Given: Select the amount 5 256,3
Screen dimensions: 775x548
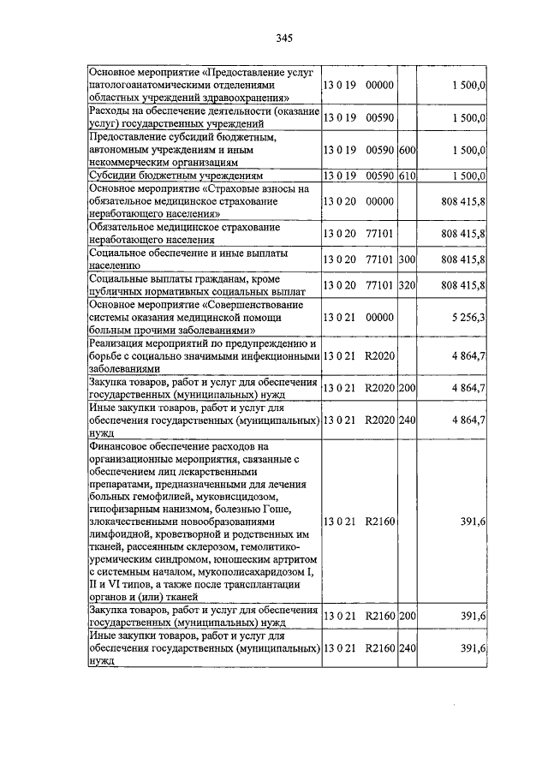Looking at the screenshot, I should coord(466,316).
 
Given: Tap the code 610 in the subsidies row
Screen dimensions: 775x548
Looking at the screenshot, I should coord(407,176).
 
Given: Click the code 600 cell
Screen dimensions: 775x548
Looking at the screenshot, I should coord(407,150).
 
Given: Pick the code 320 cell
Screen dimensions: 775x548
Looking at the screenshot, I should coord(407,285).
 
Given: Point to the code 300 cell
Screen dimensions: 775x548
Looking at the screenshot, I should coord(407,259).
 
